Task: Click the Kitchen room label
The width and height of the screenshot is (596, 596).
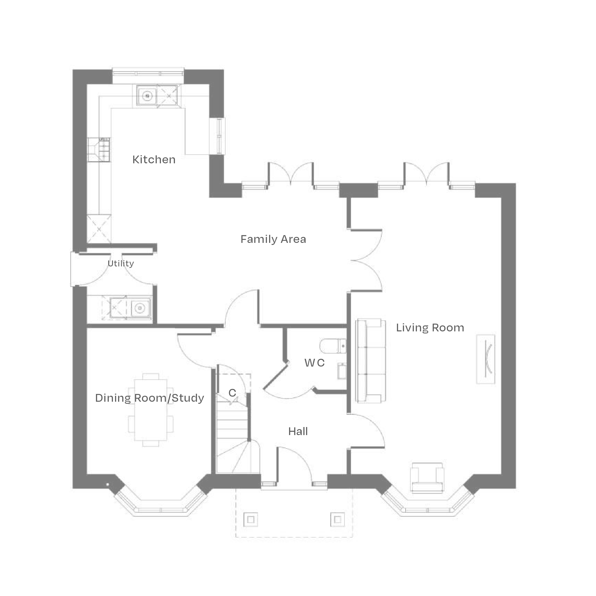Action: pyautogui.click(x=154, y=160)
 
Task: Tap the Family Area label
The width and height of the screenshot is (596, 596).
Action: pyautogui.click(x=273, y=239)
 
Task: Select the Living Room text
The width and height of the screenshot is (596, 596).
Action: pyautogui.click(x=430, y=328)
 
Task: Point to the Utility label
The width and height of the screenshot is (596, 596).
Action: pyautogui.click(x=121, y=263)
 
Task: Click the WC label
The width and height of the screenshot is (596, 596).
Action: pyautogui.click(x=314, y=363)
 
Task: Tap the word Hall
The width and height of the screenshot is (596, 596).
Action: pyautogui.click(x=298, y=432)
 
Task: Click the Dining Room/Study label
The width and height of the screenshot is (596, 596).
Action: pyautogui.click(x=149, y=398)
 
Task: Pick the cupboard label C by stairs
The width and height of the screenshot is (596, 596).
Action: pyautogui.click(x=232, y=393)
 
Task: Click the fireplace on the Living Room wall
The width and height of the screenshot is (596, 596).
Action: pyautogui.click(x=485, y=359)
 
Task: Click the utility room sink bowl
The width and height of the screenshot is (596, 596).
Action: pyautogui.click(x=140, y=308)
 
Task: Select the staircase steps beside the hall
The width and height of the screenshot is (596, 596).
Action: pyautogui.click(x=231, y=426)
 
